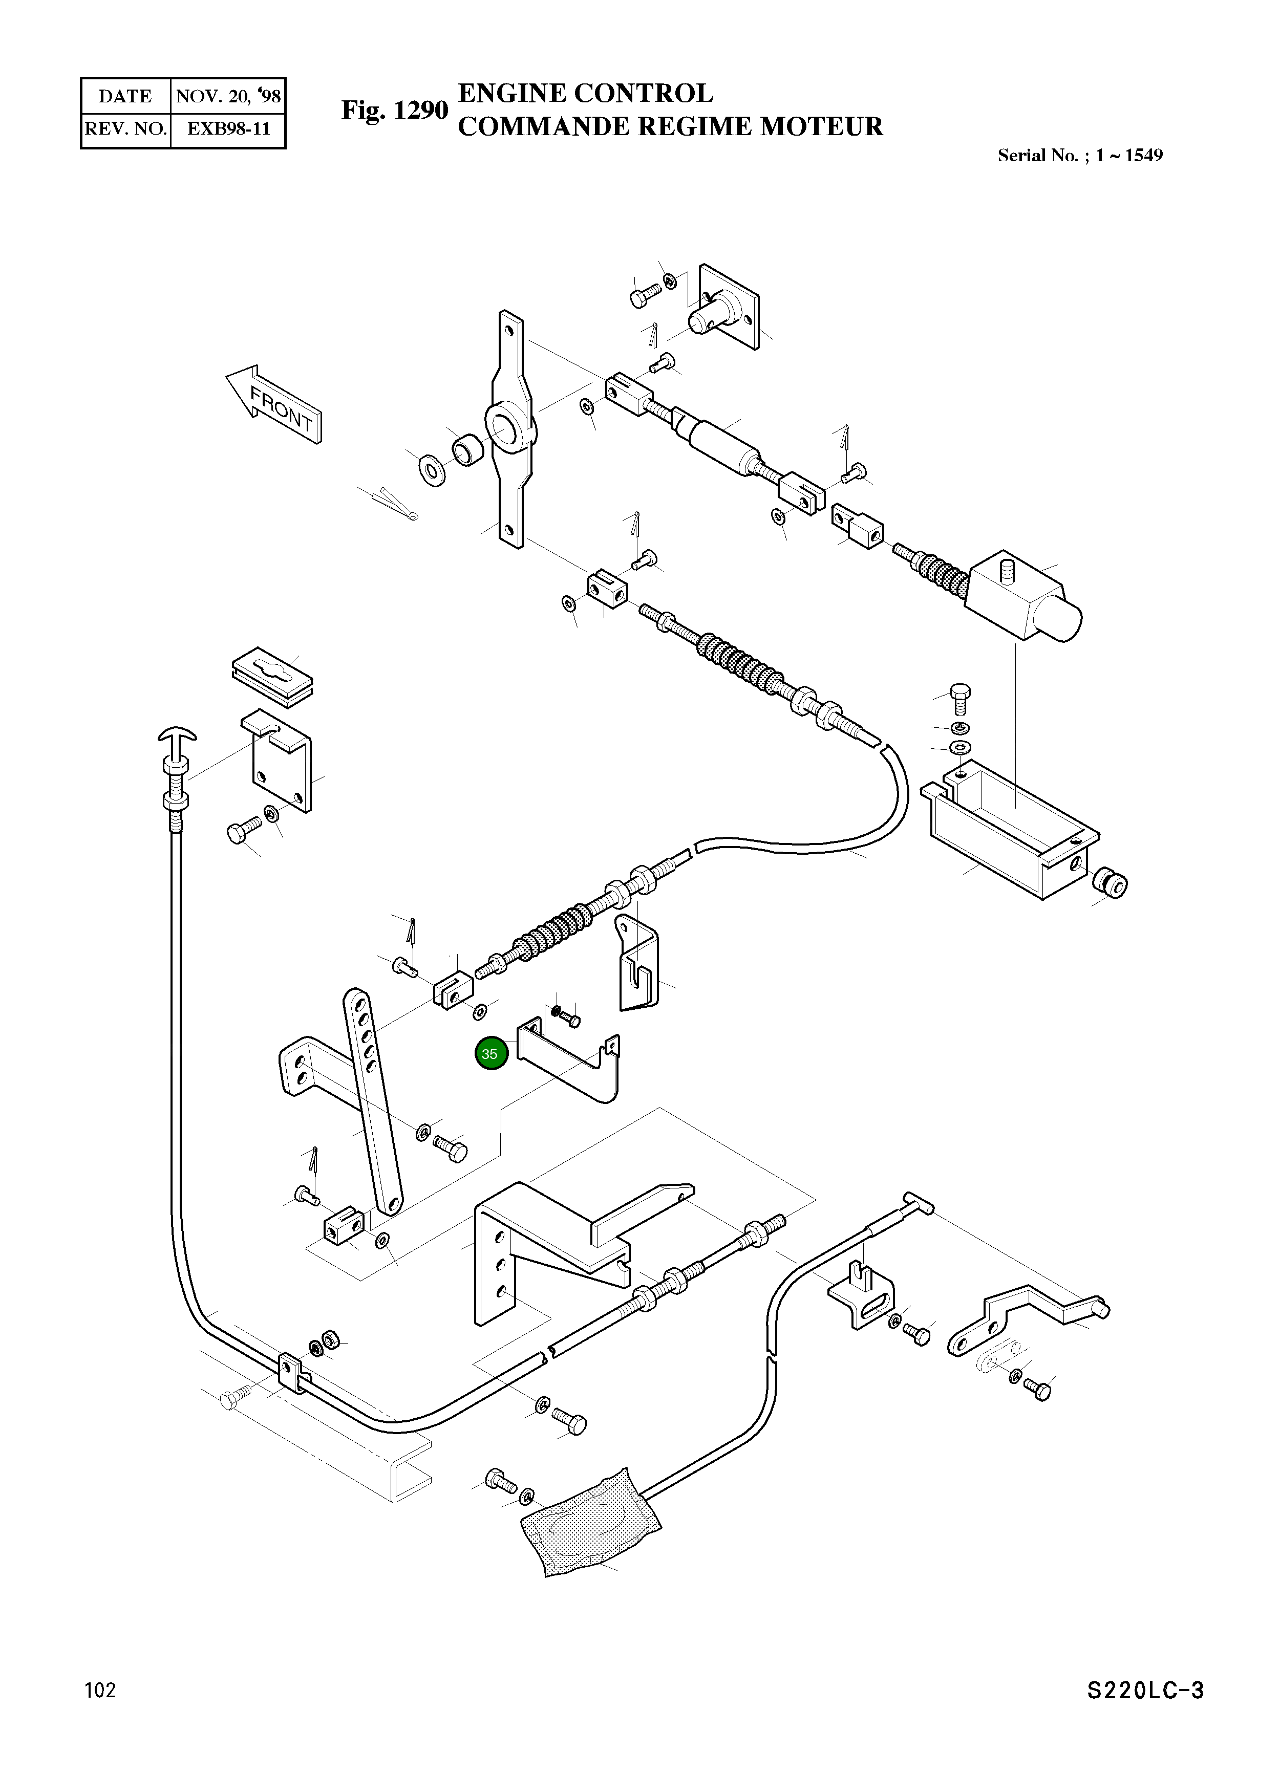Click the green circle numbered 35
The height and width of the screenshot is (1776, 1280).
[x=491, y=1054]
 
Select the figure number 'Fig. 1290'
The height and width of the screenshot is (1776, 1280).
[x=394, y=111]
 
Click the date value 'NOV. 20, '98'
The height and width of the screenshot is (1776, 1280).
[x=228, y=96]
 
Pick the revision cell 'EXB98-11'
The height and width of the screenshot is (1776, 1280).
[x=228, y=128]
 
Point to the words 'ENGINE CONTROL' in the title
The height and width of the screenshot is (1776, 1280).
[x=585, y=93]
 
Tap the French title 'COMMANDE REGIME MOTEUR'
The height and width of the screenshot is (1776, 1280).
[x=670, y=126]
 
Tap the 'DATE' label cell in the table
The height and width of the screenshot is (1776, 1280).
[x=125, y=96]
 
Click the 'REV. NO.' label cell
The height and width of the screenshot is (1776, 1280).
[x=125, y=129]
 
